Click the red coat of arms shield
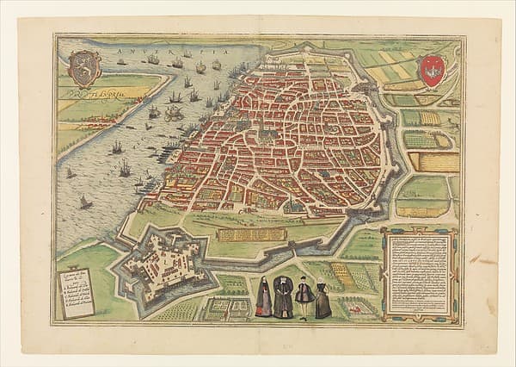[433, 71]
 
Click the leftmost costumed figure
[264, 297]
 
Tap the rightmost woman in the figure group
[322, 300]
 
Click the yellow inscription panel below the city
[250, 233]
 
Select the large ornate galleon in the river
[174, 113]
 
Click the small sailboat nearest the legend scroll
[86, 202]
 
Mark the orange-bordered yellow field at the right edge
[434, 161]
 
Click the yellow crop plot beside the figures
[343, 275]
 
